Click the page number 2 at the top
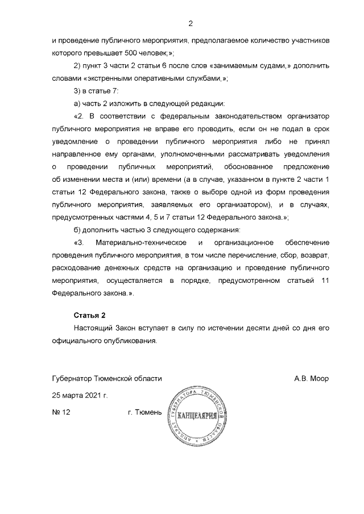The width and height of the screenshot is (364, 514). click(191, 23)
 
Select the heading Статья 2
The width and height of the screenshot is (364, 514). click(90, 315)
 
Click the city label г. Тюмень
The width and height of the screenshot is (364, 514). click(145, 412)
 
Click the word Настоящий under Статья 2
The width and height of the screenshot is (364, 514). click(93, 329)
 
